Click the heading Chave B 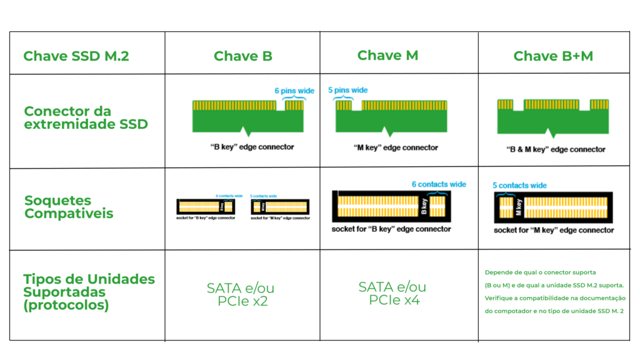pos(242,56)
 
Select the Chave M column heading pos(387,56)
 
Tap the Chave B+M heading pos(553,56)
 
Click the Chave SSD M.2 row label pos(76,56)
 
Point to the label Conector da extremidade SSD pos(86,117)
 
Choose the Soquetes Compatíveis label pos(69,207)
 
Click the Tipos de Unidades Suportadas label pos(89,292)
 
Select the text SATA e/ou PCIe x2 pos(241,294)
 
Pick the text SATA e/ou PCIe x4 pos(392,293)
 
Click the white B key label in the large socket pos(424,207)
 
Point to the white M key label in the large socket pos(518,207)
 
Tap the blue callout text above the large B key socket pos(438,184)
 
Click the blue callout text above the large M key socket pos(519,186)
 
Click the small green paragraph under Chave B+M pos(555,292)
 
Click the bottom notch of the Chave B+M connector pos(552,136)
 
